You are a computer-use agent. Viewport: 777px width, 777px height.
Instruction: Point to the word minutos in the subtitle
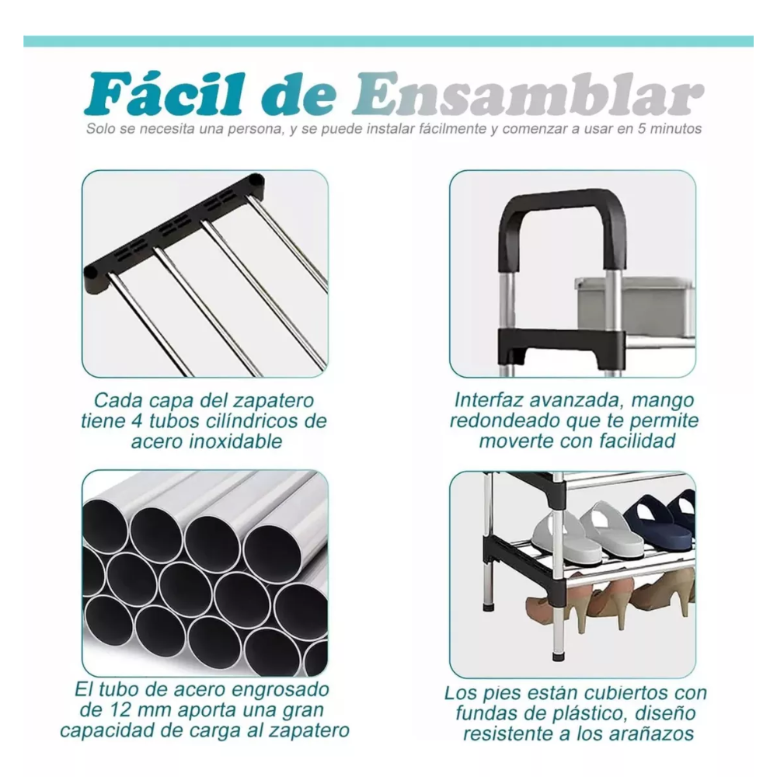coord(675,129)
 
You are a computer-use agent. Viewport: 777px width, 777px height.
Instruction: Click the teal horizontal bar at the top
coord(388,41)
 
